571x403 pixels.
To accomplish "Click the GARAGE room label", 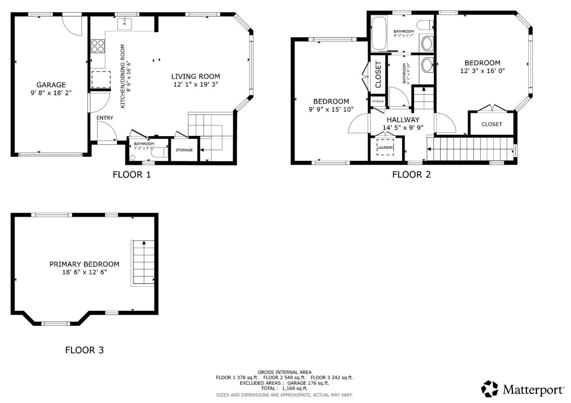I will click(51, 85).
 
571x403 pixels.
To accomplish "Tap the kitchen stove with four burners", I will click(98, 46).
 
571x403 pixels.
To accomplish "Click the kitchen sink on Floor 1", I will click(125, 23).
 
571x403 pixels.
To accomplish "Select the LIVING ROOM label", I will click(195, 76).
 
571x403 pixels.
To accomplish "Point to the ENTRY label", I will click(105, 118).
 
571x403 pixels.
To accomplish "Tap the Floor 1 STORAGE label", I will click(184, 150).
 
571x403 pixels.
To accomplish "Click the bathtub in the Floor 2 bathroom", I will click(379, 33).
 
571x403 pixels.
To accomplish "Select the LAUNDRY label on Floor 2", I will click(385, 147).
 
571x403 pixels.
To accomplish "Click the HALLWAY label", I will click(403, 120).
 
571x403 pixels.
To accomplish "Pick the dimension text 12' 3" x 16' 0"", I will click(482, 71).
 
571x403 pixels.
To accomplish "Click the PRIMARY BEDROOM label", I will click(84, 264).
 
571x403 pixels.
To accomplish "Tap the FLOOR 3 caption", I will click(84, 350).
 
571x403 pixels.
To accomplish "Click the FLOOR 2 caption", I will click(411, 175).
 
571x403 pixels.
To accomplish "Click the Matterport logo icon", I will click(489, 389).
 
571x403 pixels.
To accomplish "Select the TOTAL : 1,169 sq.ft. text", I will click(284, 388).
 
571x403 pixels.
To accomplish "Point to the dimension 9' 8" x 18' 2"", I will click(51, 93).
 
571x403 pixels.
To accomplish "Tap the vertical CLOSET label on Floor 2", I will click(378, 74).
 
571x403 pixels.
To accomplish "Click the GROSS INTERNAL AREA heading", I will click(284, 372).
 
